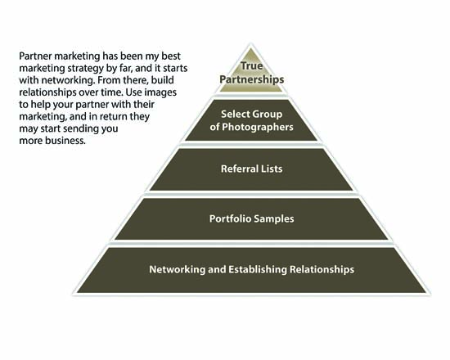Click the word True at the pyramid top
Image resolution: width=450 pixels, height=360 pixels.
252,65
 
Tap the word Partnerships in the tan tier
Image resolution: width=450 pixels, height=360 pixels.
252,79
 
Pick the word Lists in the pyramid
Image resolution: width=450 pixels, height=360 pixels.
272,169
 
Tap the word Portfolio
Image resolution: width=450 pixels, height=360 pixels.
230,218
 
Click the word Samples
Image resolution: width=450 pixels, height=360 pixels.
274,218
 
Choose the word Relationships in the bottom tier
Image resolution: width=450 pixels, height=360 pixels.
322,269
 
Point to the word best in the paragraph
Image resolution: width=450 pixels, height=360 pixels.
171,56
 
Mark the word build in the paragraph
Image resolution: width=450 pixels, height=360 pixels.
163,80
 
